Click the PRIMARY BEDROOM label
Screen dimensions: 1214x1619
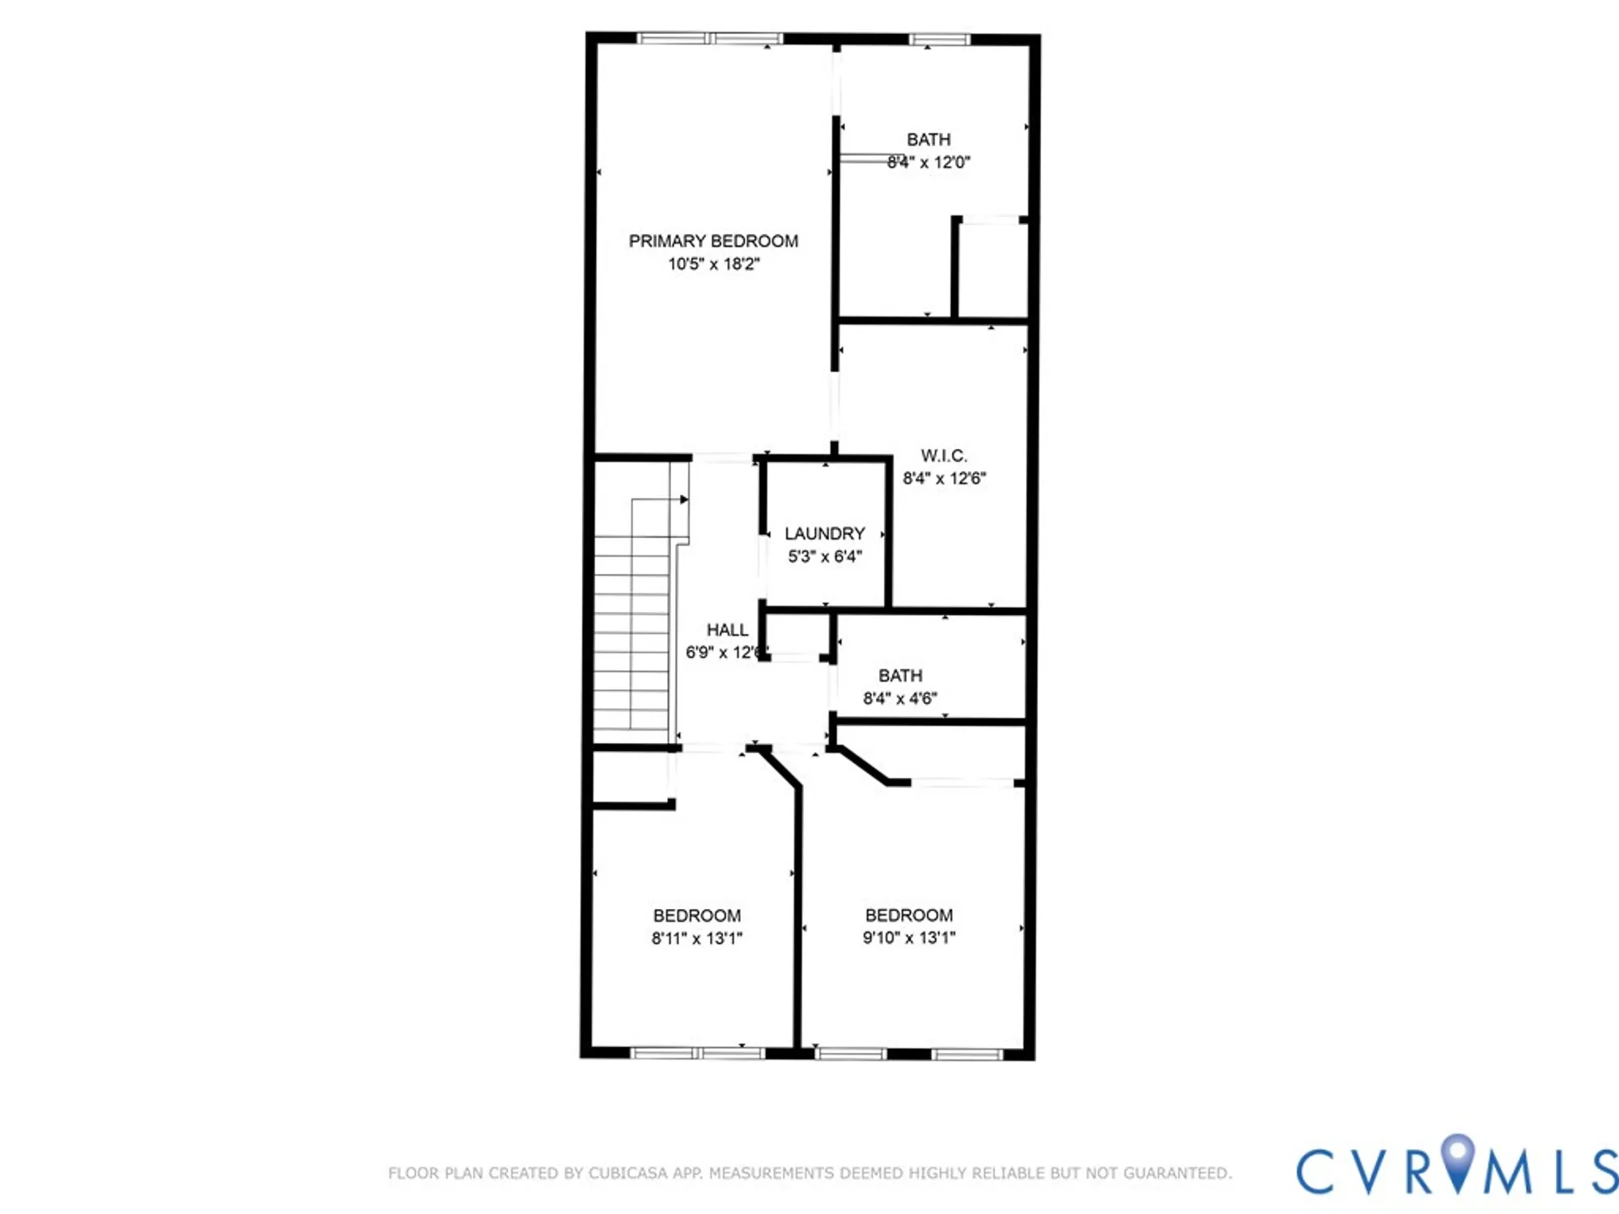pyautogui.click(x=713, y=241)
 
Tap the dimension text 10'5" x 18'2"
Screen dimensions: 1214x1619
pyautogui.click(x=713, y=264)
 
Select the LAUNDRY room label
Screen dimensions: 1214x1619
pyautogui.click(x=824, y=534)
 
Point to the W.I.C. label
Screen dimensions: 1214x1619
pyautogui.click(x=944, y=456)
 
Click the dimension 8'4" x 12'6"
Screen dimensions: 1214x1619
pyautogui.click(x=944, y=478)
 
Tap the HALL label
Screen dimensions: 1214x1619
pyautogui.click(x=727, y=630)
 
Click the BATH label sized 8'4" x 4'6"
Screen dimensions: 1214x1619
pyautogui.click(x=900, y=676)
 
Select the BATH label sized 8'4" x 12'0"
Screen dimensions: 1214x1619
pyautogui.click(x=928, y=140)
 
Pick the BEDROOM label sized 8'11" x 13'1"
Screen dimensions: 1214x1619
pyautogui.click(x=697, y=915)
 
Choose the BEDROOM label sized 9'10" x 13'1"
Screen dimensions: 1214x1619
pyautogui.click(x=908, y=915)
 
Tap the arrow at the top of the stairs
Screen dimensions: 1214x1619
pyautogui.click(x=684, y=499)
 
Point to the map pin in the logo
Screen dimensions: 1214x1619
pyautogui.click(x=1458, y=1157)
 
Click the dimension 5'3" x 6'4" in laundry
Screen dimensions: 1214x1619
pyautogui.click(x=824, y=557)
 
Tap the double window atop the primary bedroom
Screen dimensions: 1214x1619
pyautogui.click(x=710, y=38)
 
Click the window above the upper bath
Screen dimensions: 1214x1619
pyautogui.click(x=938, y=39)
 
